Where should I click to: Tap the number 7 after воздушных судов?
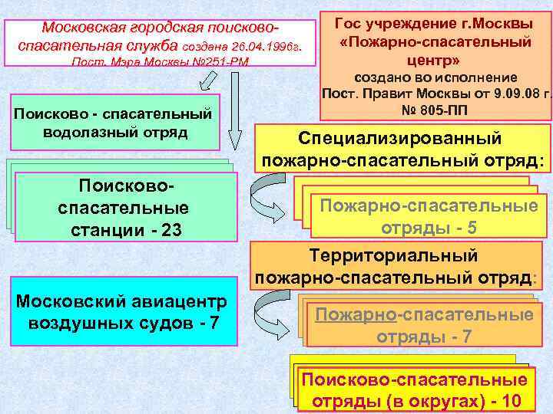pyautogui.click(x=213, y=323)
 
